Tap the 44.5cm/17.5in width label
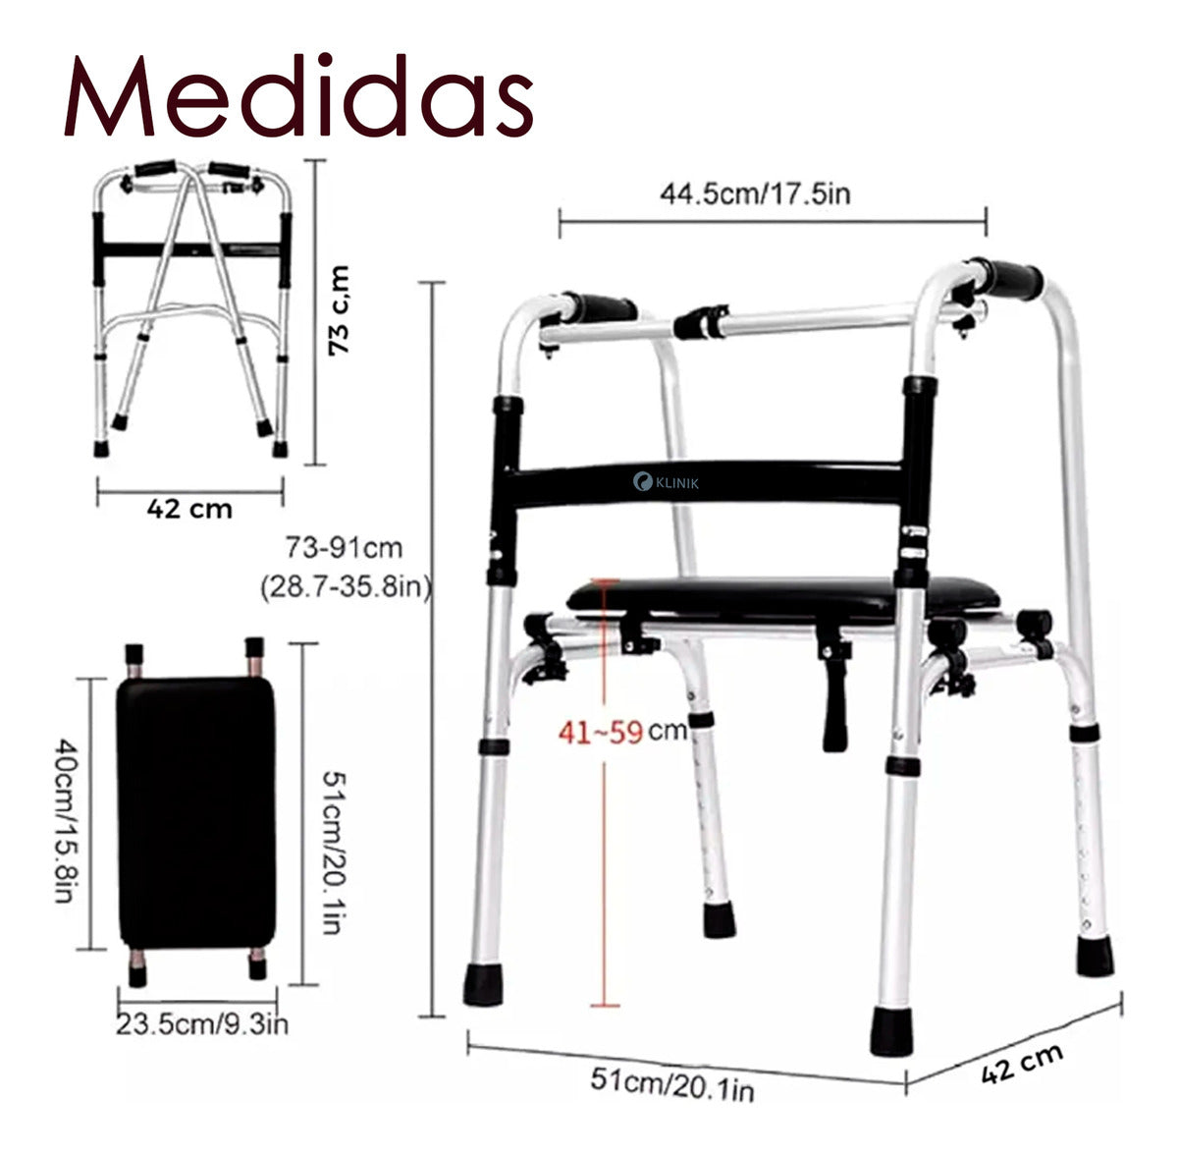[x=755, y=193]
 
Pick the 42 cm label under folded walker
[x=189, y=509]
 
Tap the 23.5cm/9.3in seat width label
[x=202, y=1025]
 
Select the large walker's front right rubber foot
[x=890, y=1030]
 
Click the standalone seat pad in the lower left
[x=196, y=811]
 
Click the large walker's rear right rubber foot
[x=1095, y=956]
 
